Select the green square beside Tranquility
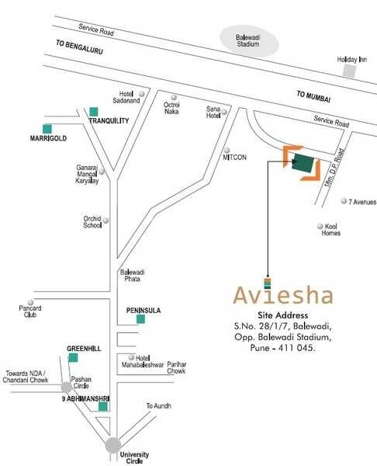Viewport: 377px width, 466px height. click(x=94, y=111)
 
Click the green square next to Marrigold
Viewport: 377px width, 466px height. click(x=47, y=127)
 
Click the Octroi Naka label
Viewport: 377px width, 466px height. click(x=171, y=106)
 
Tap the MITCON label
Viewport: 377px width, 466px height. click(x=235, y=157)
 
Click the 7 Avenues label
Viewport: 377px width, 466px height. click(x=361, y=202)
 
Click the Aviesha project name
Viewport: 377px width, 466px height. click(x=283, y=295)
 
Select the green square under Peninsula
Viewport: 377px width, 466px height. click(x=140, y=318)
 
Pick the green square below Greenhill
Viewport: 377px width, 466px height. click(x=74, y=357)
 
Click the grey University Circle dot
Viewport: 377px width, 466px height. click(x=113, y=445)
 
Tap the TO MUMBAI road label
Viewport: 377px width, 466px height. click(x=313, y=97)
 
